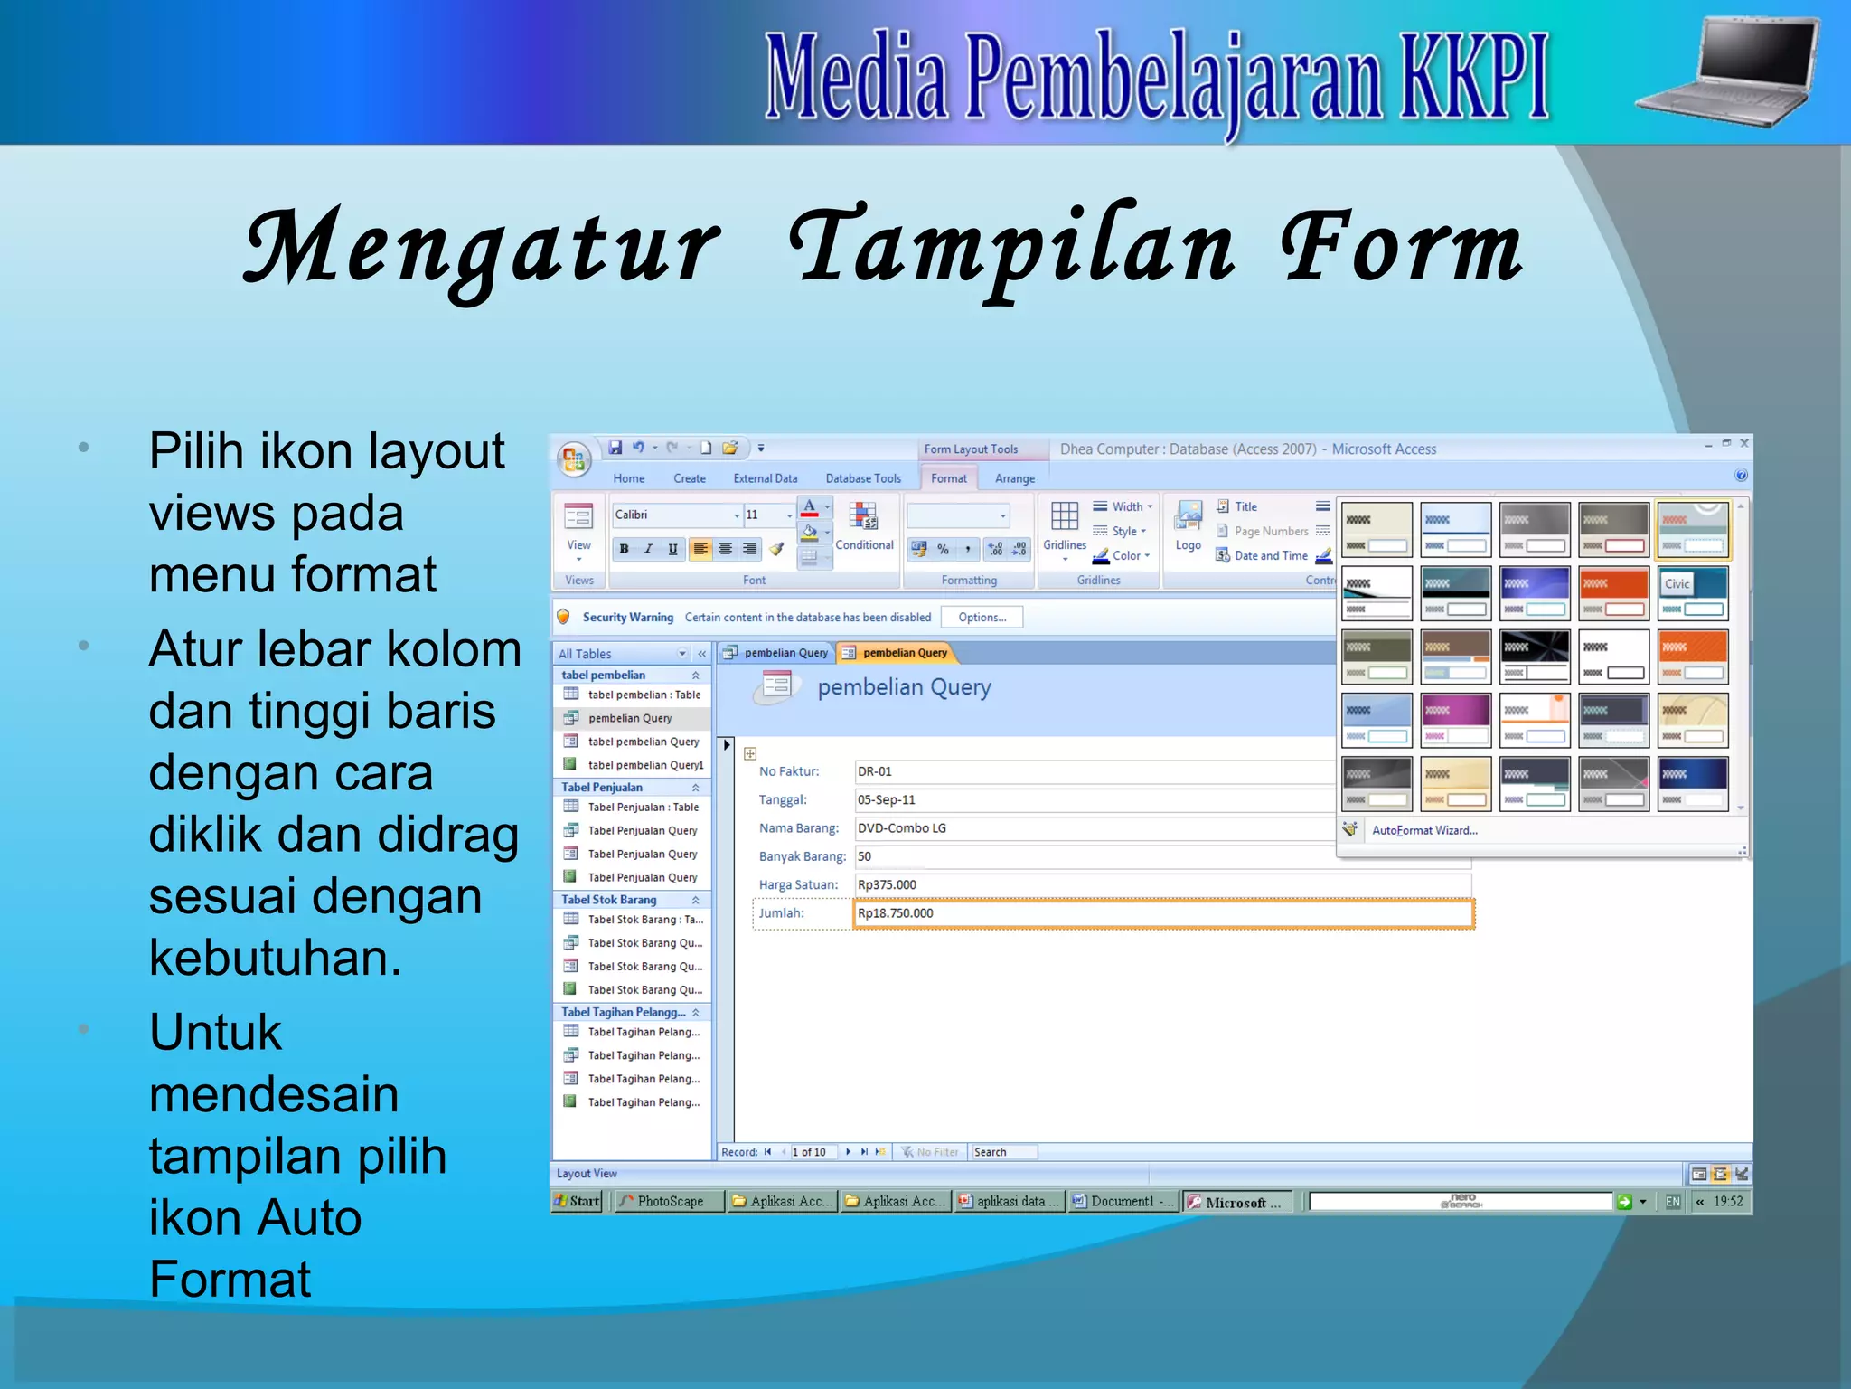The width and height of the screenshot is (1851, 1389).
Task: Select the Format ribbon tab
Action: (x=948, y=478)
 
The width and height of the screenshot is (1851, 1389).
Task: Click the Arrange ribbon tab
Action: (x=1014, y=478)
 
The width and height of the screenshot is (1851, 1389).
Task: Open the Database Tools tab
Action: (x=862, y=478)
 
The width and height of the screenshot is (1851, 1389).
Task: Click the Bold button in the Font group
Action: (x=624, y=549)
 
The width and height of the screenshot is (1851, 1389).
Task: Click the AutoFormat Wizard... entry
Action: (x=1423, y=830)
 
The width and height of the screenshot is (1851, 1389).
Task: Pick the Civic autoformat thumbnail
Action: (x=1692, y=593)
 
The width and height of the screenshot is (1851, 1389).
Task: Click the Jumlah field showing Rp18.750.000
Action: (x=1161, y=913)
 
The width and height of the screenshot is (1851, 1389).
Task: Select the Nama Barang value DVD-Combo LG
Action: (x=1094, y=828)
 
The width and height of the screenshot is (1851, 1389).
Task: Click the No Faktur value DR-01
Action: (x=1094, y=771)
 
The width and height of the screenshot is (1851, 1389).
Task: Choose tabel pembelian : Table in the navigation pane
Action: (x=644, y=694)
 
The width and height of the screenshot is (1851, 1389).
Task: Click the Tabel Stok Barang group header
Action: (x=609, y=900)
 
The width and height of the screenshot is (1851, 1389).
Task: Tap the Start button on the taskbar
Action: (x=577, y=1201)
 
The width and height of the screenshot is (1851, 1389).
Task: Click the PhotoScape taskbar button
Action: (x=669, y=1201)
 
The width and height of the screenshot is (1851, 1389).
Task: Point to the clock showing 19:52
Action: (x=1727, y=1201)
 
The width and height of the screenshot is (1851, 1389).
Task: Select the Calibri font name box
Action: (x=673, y=515)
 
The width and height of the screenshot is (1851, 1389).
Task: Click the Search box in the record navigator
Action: (x=1003, y=1152)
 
